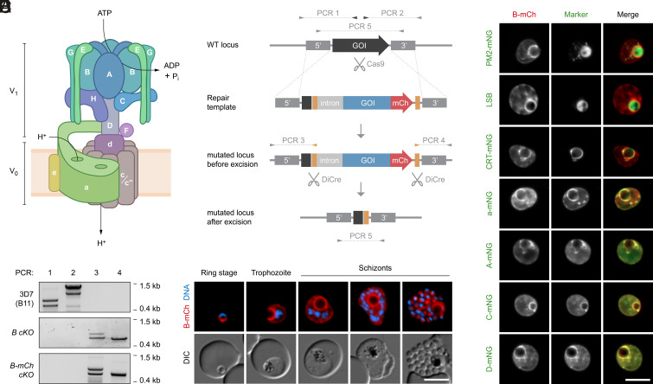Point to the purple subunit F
[x=127, y=130]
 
